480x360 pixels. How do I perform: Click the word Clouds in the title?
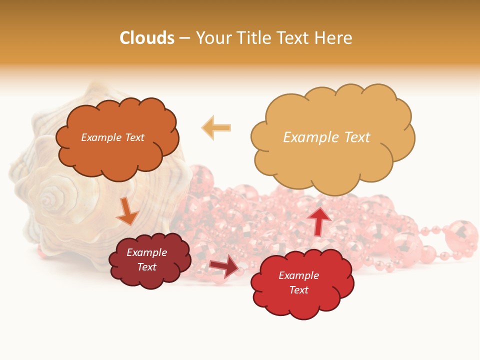click(x=147, y=38)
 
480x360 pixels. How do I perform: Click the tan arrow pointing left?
click(x=216, y=127)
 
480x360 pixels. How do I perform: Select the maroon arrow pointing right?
click(x=224, y=266)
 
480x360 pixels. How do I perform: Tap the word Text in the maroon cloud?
click(x=147, y=267)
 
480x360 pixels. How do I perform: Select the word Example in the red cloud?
click(x=298, y=275)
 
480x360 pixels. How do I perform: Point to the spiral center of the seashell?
click(x=48, y=199)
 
